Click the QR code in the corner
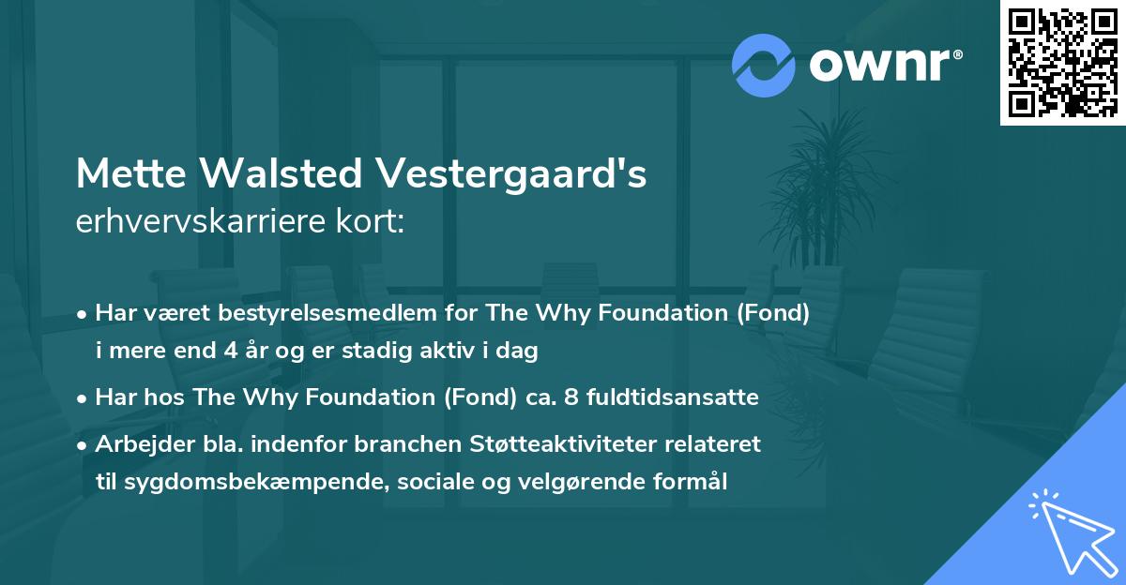point(1062,63)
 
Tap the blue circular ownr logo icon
point(763,66)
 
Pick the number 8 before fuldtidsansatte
point(583,397)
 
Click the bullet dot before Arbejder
point(83,444)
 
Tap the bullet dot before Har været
point(83,314)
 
